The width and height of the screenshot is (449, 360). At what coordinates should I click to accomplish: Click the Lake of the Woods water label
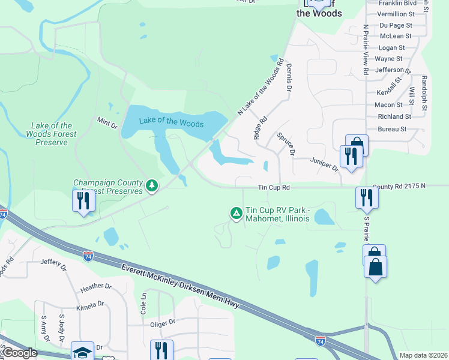tap(171, 122)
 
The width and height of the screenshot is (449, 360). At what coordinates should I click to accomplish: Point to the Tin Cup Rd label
tap(274, 188)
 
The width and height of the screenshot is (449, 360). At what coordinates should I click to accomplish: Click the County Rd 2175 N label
tap(398, 186)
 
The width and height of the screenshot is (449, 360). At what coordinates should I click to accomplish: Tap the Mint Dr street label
tap(107, 124)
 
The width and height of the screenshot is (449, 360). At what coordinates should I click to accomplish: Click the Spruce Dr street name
tap(286, 144)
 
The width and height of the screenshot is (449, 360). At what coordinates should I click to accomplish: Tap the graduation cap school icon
tap(83, 351)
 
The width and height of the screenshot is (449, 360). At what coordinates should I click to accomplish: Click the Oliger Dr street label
tap(162, 322)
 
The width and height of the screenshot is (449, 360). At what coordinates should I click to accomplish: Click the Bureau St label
tap(393, 129)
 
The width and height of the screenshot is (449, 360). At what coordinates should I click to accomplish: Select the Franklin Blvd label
tap(397, 3)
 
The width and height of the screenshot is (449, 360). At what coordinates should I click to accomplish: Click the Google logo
tap(19, 353)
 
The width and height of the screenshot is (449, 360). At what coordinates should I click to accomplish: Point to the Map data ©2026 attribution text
tap(423, 355)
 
